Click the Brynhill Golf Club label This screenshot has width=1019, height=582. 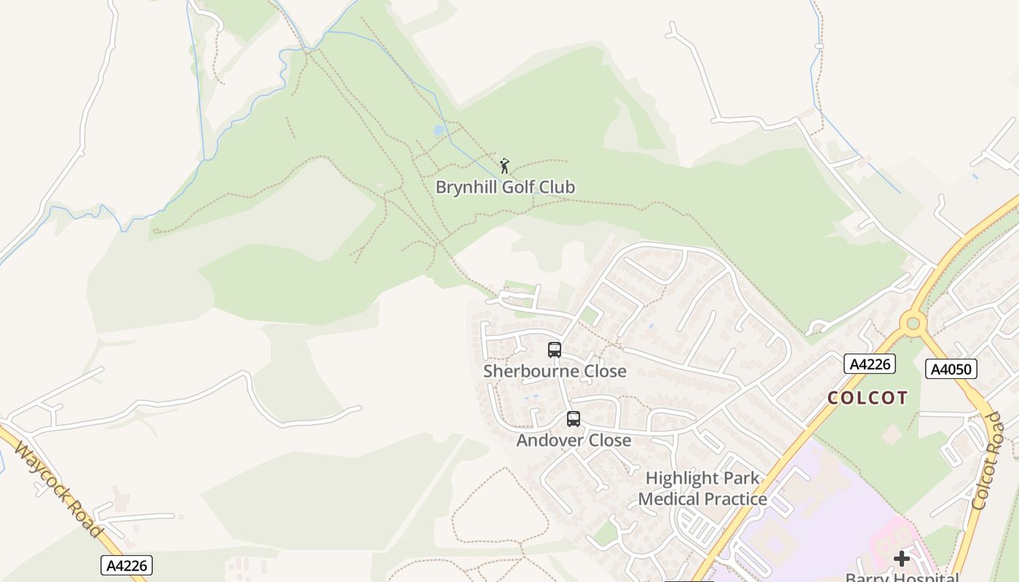(505, 187)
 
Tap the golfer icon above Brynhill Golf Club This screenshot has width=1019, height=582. (504, 166)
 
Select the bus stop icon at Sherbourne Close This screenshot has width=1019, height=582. (555, 350)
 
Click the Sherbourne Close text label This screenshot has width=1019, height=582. (555, 371)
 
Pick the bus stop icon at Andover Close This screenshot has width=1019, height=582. (574, 419)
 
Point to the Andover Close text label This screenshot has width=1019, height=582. (574, 440)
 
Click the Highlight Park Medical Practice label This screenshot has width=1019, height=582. (702, 488)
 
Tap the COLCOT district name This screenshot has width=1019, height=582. (868, 398)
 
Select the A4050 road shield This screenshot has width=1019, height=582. (951, 369)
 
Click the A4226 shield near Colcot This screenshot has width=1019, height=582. (869, 364)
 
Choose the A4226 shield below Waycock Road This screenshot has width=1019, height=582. (127, 565)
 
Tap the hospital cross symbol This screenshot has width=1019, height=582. (902, 558)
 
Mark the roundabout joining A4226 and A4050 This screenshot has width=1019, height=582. (912, 322)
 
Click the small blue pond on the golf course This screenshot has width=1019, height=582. (438, 131)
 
